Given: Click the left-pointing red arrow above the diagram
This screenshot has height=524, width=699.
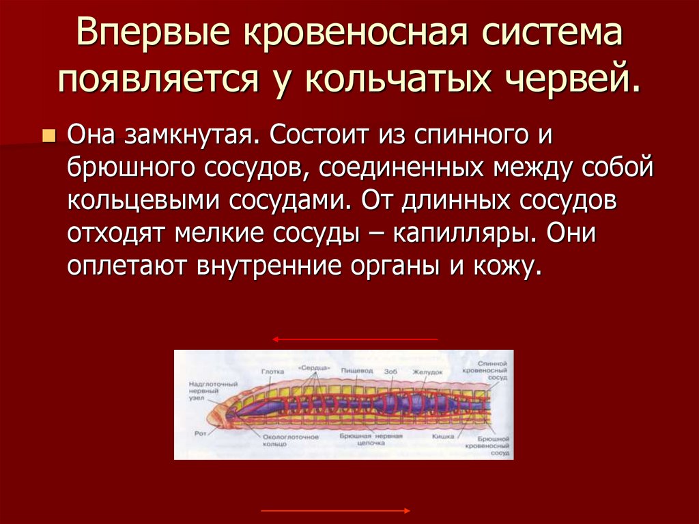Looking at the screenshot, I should tap(354, 339).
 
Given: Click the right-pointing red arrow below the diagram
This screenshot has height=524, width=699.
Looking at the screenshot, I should tap(336, 510).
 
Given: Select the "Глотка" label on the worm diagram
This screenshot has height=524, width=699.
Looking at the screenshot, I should tap(272, 372).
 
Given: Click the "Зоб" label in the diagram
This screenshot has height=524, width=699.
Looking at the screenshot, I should tap(390, 372).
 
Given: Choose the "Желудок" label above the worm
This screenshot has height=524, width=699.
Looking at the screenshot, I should tap(428, 372).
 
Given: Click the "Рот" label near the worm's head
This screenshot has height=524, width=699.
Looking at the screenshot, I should tap(199, 432).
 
